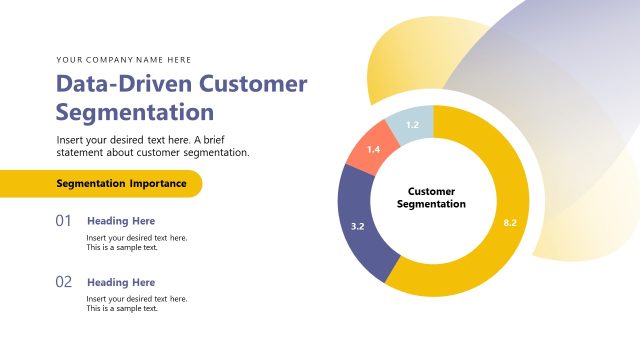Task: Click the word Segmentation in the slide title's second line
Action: (x=135, y=111)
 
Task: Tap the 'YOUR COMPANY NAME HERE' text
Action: (x=124, y=60)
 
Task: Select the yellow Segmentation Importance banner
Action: (x=100, y=184)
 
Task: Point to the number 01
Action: (x=63, y=220)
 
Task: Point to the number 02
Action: (x=63, y=282)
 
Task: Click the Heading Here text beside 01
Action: (x=121, y=221)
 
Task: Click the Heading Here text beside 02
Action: (x=121, y=283)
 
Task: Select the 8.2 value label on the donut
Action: (x=509, y=222)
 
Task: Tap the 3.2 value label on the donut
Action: (x=358, y=227)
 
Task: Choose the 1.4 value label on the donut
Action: (x=373, y=149)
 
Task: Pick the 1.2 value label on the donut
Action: (x=412, y=125)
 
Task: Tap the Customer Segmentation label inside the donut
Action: (x=432, y=196)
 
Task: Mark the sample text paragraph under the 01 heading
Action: (x=136, y=242)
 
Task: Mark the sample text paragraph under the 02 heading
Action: (x=136, y=303)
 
